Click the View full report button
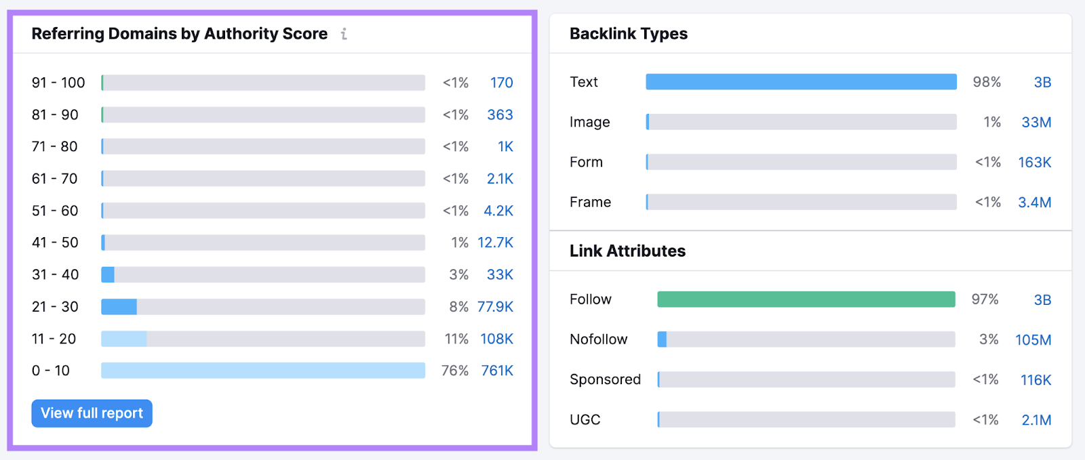92,413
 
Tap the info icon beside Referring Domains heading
344,34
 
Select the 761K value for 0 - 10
497,371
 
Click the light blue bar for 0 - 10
263,371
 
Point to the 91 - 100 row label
58,83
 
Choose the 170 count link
501,83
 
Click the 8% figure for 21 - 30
458,307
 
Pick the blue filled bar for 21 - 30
119,307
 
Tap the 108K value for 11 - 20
496,339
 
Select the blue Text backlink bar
801,82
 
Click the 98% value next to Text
987,82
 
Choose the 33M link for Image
1036,123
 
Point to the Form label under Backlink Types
586,163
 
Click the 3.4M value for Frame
1034,203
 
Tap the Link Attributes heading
627,251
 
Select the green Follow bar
806,299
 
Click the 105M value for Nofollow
1033,340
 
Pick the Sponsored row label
605,379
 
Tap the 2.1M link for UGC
1036,420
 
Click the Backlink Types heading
628,34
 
